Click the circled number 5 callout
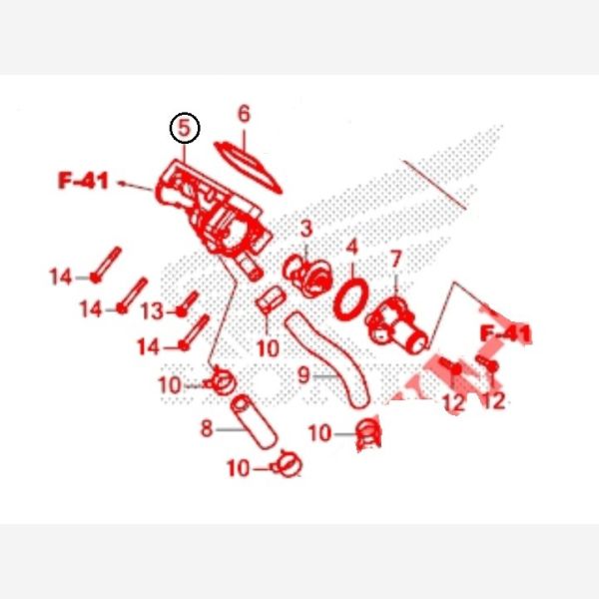coord(185,128)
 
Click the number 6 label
coord(244,114)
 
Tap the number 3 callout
coord(306,230)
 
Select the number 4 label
coord(352,248)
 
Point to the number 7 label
coord(395,260)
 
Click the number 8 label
coord(207,428)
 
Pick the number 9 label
coord(303,374)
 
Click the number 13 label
coord(153,310)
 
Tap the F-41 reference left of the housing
coord(84,181)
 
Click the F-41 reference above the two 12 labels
coord(505,333)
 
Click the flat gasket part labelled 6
coord(248,167)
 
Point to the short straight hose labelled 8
coord(254,422)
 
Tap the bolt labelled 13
coord(188,304)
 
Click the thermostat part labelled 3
coord(307,276)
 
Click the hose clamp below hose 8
coord(287,464)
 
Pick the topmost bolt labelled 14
coord(106,265)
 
